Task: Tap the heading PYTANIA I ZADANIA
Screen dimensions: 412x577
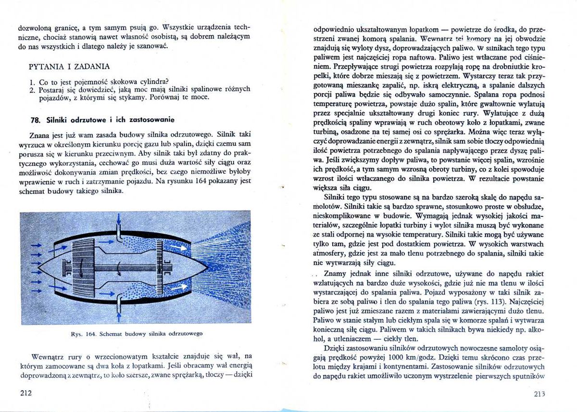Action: tap(69, 66)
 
